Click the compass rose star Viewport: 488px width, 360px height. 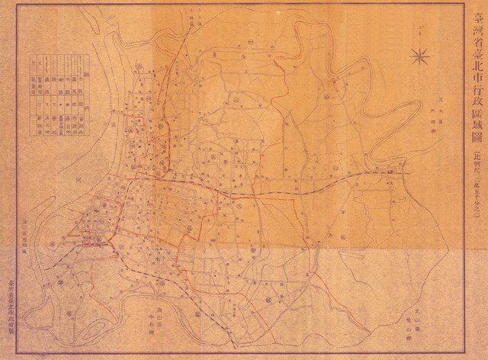pos(419,55)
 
